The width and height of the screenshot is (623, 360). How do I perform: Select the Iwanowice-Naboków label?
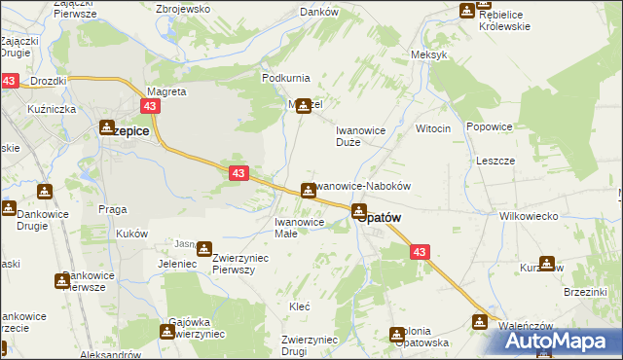(365, 185)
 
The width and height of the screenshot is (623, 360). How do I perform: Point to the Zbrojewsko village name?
(184, 9)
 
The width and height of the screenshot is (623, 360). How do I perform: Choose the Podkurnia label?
(284, 77)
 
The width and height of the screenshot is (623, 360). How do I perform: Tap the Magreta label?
(165, 91)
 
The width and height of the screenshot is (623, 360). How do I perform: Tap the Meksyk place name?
(429, 54)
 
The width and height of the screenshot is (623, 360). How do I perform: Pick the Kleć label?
(300, 306)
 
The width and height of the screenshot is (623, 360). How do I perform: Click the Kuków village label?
(131, 234)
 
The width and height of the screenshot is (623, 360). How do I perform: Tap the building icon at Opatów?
(359, 209)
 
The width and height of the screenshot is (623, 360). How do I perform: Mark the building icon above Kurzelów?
(546, 263)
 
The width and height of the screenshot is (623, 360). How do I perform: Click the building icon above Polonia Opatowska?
(397, 335)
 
